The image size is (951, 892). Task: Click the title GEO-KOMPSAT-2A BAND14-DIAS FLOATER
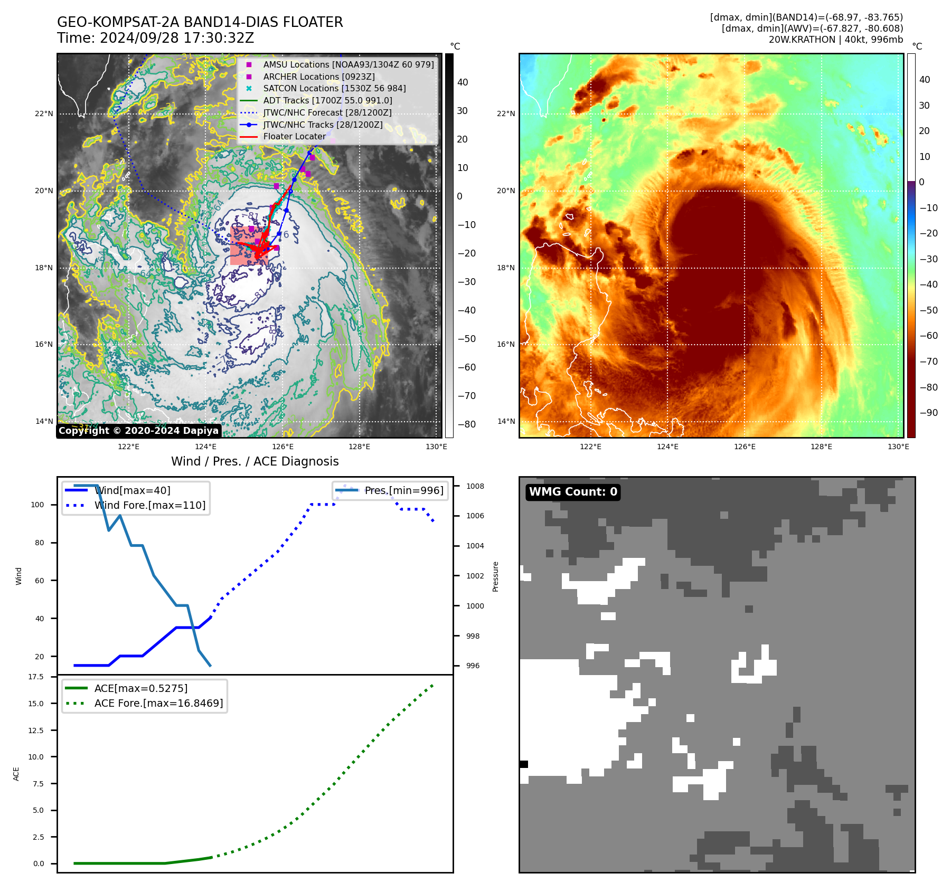pyautogui.click(x=200, y=22)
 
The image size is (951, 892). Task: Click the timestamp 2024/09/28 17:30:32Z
pyautogui.click(x=176, y=38)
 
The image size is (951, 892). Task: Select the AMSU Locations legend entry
pyautogui.click(x=348, y=64)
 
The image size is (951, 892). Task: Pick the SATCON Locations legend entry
pyautogui.click(x=334, y=88)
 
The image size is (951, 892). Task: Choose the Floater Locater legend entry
pyautogui.click(x=294, y=136)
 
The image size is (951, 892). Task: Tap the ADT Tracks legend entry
pyautogui.click(x=327, y=100)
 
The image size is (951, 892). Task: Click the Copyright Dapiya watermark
pyautogui.click(x=138, y=431)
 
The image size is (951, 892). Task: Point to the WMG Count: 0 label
pyautogui.click(x=573, y=492)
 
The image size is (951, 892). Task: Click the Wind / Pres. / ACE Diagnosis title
pyautogui.click(x=255, y=461)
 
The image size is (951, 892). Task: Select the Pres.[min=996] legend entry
pyautogui.click(x=403, y=490)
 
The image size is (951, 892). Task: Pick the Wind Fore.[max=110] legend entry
pyautogui.click(x=149, y=505)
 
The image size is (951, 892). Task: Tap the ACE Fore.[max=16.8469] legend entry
pyautogui.click(x=158, y=703)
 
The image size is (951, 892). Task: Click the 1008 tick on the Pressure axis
pyautogui.click(x=475, y=486)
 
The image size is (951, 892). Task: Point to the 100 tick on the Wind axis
pyautogui.click(x=37, y=505)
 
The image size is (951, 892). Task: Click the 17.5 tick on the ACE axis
pyautogui.click(x=36, y=677)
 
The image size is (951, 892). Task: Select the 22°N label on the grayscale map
pyautogui.click(x=44, y=113)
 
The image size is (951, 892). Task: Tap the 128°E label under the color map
pyautogui.click(x=821, y=447)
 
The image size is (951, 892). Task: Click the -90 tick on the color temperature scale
pyautogui.click(x=928, y=413)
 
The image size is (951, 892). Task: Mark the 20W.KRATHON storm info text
pyautogui.click(x=835, y=40)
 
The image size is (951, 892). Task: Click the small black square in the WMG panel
pyautogui.click(x=523, y=764)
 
